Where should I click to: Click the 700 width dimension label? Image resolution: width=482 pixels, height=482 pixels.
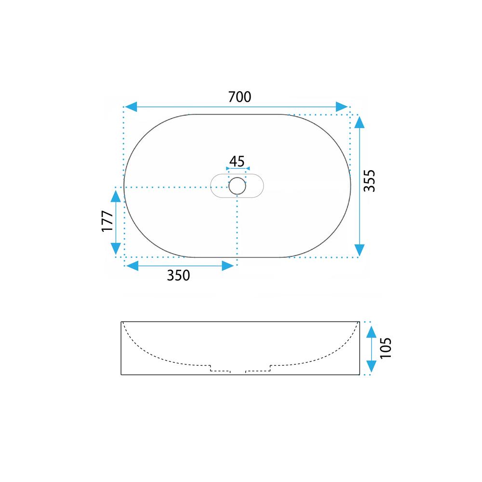click(240, 97)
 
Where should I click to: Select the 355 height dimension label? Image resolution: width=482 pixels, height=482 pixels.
click(369, 181)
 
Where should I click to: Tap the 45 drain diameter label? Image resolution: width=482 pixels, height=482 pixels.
click(237, 161)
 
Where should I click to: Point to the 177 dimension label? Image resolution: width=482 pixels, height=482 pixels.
click(107, 221)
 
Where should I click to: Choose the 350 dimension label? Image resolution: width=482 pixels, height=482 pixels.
click(178, 275)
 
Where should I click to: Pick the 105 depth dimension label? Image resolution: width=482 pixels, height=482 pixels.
click(386, 348)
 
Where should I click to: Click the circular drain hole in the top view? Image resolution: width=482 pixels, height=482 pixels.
click(237, 186)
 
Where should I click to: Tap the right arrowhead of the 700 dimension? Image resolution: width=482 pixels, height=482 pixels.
click(342, 107)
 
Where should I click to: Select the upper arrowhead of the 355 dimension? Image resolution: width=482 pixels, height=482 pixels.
click(360, 122)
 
